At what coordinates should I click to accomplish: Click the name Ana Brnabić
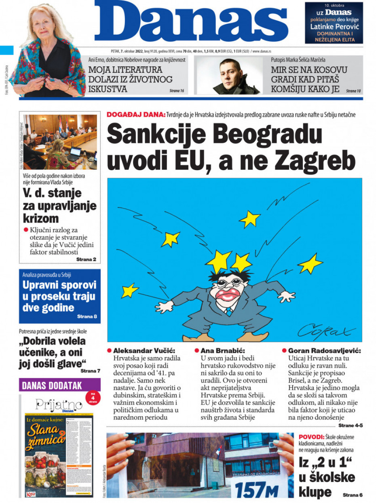pyautogui.click(x=223, y=351)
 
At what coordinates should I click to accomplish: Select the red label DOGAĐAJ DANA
pyautogui.click(x=136, y=114)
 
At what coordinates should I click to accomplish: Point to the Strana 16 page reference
pyautogui.click(x=177, y=91)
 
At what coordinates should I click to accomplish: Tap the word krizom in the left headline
pyautogui.click(x=40, y=218)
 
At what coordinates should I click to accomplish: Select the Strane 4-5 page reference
pyautogui.click(x=350, y=425)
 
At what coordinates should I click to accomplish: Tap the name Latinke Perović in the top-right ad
pyautogui.click(x=334, y=27)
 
